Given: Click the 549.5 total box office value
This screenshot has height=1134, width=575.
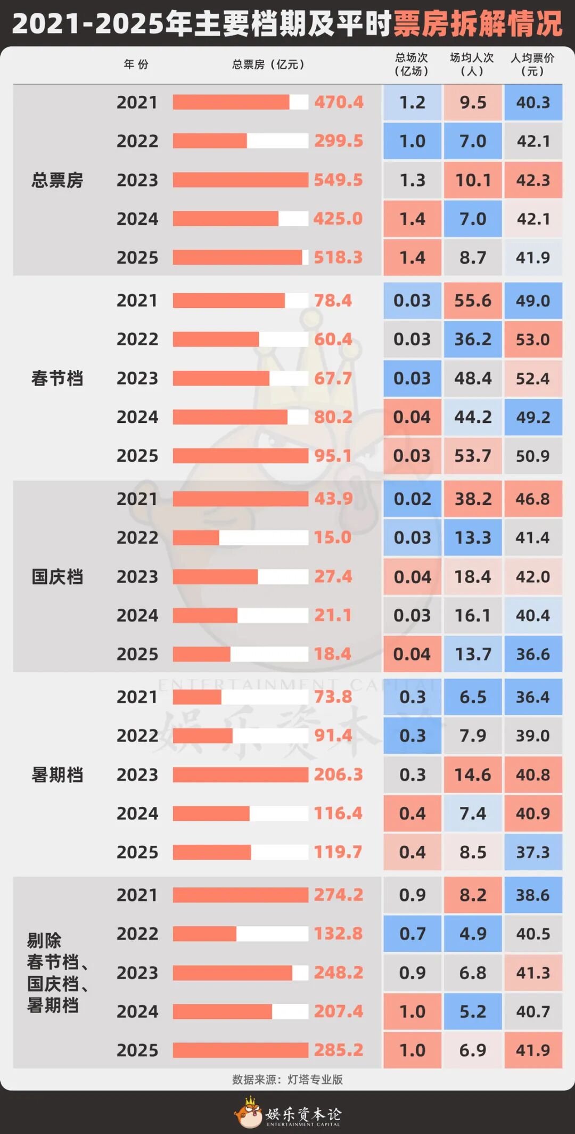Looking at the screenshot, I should [x=338, y=180].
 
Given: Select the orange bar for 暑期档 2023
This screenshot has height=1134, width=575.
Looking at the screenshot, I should [x=240, y=774].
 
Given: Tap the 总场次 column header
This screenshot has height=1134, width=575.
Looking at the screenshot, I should [x=412, y=64].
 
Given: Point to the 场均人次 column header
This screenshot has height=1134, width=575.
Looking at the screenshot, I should [x=472, y=64].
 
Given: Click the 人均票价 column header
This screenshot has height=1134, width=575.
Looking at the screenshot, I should [x=532, y=64].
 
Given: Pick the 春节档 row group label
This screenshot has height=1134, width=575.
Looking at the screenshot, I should [x=57, y=378].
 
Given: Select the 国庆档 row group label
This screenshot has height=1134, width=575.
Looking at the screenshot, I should [x=57, y=576].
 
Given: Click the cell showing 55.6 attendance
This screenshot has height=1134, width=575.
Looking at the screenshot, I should [x=473, y=301].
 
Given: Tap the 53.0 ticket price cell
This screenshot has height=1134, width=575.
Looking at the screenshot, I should [x=533, y=339].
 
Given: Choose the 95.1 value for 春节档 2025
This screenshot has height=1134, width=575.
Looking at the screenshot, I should [x=333, y=456].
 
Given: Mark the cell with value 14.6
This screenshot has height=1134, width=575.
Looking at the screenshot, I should [x=473, y=774].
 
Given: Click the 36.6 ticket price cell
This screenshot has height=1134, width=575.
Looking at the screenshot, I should [x=533, y=654].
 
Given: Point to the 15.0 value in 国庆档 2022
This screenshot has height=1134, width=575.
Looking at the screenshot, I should [x=333, y=537].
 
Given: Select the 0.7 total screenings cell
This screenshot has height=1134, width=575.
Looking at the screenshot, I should [x=412, y=934].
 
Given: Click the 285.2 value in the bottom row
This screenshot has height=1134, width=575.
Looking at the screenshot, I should [x=338, y=1050].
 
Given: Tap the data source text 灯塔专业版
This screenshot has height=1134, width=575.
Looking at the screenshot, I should [x=315, y=1080].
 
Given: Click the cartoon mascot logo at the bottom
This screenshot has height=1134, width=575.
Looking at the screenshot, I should [x=249, y=1113].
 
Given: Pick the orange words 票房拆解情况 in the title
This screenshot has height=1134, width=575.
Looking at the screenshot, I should [x=478, y=24].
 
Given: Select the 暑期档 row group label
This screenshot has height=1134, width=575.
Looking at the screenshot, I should [x=57, y=774].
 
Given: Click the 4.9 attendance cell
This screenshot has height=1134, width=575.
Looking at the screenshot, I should [x=473, y=934].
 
